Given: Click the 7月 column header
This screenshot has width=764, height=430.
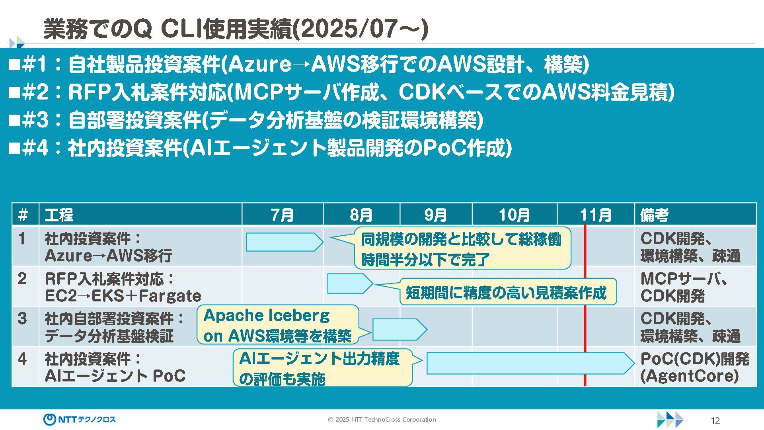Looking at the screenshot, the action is click(282, 215).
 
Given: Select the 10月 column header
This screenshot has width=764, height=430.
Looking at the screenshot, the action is click(514, 215).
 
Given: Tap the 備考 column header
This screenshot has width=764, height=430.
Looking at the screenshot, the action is click(655, 215).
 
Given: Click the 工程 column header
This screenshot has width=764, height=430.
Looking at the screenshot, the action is click(59, 215).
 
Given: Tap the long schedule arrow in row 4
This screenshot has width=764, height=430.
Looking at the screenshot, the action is click(529, 363).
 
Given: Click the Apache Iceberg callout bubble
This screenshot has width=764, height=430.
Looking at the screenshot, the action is click(277, 325).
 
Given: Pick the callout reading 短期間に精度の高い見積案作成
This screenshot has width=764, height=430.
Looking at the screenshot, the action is click(507, 292).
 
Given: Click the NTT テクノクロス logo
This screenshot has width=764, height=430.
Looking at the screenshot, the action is click(80, 419).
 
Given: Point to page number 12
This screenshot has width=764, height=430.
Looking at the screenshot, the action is click(715, 421).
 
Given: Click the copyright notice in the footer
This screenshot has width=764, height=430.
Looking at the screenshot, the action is click(382, 419).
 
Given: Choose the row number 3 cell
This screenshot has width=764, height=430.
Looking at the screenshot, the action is click(23, 319).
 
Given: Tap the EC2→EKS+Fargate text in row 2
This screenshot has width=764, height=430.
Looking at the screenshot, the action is click(123, 296).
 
